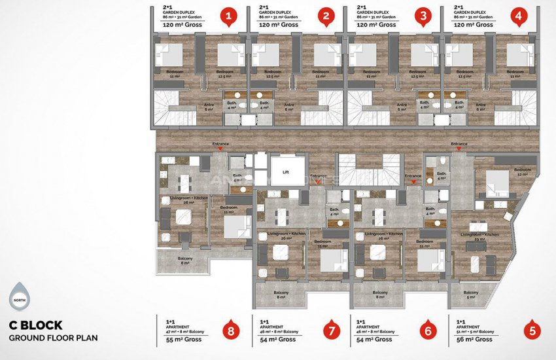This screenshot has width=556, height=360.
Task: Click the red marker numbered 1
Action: pos(228,16)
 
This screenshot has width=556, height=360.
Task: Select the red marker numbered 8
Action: pos(229,331)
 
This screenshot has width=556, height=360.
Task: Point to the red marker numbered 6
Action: pos(428,331)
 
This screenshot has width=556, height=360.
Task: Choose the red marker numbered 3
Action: pos(423,16)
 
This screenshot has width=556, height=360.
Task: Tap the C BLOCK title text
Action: pos(36,325)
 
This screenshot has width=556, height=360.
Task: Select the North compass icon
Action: pos(20,298)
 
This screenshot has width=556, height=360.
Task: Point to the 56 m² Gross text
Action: pos(475,340)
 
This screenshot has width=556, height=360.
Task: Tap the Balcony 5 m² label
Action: pos(470,294)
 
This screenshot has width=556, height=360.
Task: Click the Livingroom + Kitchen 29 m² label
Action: pos(479,236)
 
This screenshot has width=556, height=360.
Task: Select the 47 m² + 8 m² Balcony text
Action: pos(186,332)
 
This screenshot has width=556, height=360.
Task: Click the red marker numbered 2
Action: pos(325,16)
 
